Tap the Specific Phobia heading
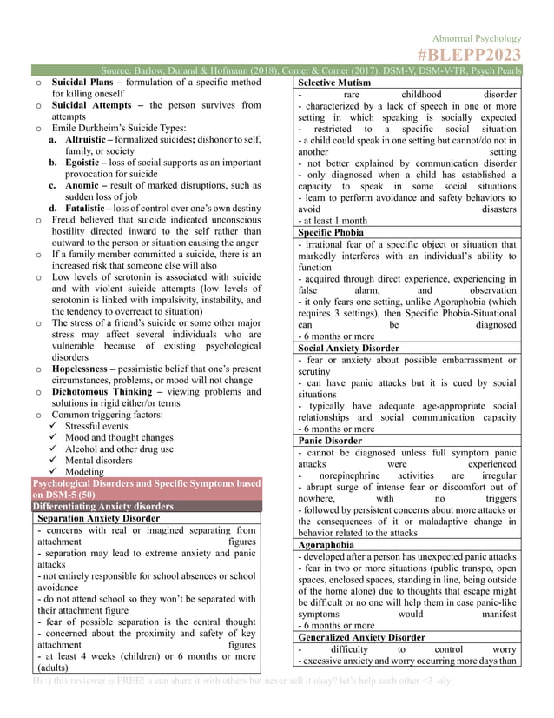pyautogui.click(x=330, y=233)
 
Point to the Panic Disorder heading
pyautogui.click(x=329, y=441)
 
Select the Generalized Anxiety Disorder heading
pyautogui.click(x=361, y=637)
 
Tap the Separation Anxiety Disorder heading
pyautogui.click(x=98, y=518)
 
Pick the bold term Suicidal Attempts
pyautogui.click(x=91, y=105)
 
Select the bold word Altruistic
pyautogui.click(x=85, y=139)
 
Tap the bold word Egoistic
pyautogui.click(x=82, y=163)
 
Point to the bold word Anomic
pyautogui.click(x=81, y=185)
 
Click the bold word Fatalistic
pyautogui.click(x=85, y=208)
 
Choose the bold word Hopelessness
pyautogui.click(x=85, y=369)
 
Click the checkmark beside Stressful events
pyautogui.click(x=54, y=426)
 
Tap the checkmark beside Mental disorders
pyautogui.click(x=54, y=460)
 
